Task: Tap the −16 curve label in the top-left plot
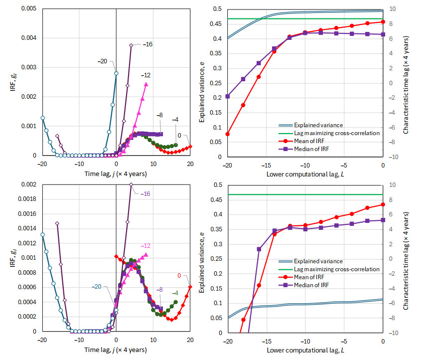click(148, 44)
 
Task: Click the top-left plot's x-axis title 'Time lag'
click(116, 174)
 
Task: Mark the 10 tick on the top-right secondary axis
click(392, 8)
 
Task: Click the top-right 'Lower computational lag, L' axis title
click(305, 174)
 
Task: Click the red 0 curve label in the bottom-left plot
click(179, 275)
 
